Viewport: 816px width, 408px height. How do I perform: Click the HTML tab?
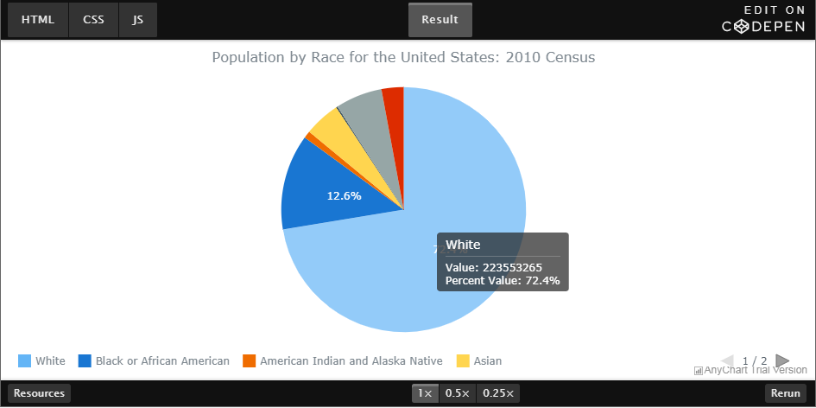[x=37, y=20]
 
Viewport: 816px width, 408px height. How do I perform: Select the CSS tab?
[x=93, y=20]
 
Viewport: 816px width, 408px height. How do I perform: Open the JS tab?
[x=138, y=20]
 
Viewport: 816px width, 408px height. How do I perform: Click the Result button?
[x=440, y=20]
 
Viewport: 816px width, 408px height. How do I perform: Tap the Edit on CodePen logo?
[x=764, y=19]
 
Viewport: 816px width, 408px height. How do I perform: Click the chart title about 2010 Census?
[x=403, y=58]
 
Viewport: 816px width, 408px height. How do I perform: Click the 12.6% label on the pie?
[x=344, y=196]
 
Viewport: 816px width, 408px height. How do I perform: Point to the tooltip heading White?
[x=463, y=245]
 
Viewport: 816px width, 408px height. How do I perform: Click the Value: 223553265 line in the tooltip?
[x=493, y=267]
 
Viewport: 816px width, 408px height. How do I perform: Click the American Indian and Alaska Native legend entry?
[x=343, y=360]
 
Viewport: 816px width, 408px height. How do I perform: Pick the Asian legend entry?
[x=478, y=360]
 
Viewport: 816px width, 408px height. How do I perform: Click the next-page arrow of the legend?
[x=782, y=360]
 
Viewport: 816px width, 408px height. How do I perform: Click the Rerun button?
[x=785, y=393]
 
